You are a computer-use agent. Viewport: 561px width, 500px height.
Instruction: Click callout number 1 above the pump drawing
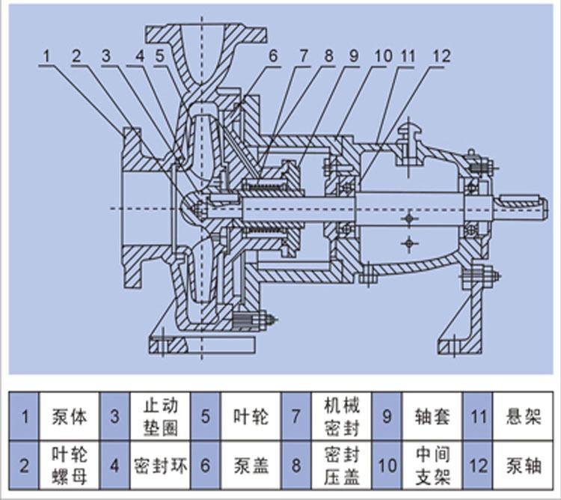point(46,56)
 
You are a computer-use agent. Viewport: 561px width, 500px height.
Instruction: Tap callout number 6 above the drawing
point(273,56)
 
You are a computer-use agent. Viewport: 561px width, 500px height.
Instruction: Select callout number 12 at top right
point(441,56)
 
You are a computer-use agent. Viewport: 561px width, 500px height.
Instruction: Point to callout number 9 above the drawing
point(354,56)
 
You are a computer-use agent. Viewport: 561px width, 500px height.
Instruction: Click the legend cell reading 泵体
point(69,416)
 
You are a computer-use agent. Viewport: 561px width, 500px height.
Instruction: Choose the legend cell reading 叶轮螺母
point(69,466)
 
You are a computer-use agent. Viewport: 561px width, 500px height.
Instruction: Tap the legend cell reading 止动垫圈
point(160,416)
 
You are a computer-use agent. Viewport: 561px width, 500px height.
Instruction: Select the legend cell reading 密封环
point(160,466)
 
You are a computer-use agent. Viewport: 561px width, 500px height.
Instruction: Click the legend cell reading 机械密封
point(342,416)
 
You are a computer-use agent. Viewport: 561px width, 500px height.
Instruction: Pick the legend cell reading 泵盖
point(251,466)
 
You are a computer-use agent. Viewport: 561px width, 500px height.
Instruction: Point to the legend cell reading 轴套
point(432,416)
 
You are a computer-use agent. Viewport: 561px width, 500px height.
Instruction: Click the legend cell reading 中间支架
point(432,466)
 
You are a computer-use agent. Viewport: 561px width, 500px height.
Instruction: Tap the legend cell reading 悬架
point(523,416)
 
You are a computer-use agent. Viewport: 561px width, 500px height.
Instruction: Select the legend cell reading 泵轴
point(523,466)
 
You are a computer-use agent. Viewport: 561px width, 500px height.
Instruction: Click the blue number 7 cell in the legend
point(296,416)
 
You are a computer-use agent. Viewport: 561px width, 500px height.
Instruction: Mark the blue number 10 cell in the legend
point(387,466)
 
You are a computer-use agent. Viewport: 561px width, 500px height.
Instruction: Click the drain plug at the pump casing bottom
point(255,319)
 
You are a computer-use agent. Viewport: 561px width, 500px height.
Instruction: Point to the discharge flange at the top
point(206,34)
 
